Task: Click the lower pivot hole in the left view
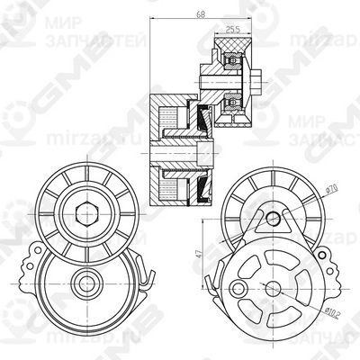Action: [87, 281]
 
